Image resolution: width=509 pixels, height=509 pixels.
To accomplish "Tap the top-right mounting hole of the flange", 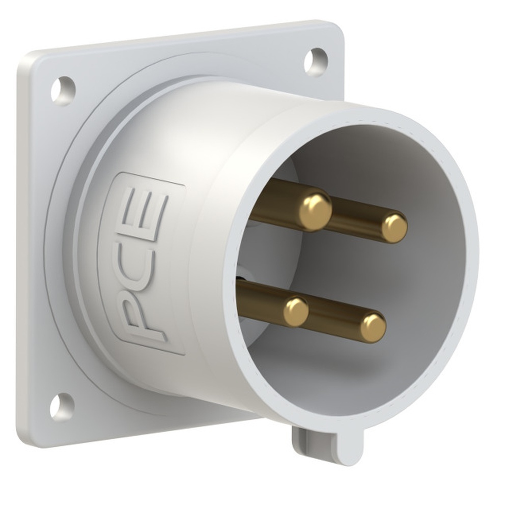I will click(316, 61).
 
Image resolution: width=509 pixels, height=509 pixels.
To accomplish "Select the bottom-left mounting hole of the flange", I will click(62, 406).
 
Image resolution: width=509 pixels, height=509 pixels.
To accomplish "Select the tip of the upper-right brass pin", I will click(394, 228).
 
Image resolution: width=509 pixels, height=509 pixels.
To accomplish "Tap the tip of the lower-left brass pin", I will click(296, 312).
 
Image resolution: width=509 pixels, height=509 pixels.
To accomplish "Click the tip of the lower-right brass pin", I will click(373, 327).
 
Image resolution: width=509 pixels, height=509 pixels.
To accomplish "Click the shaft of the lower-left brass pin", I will click(262, 301).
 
